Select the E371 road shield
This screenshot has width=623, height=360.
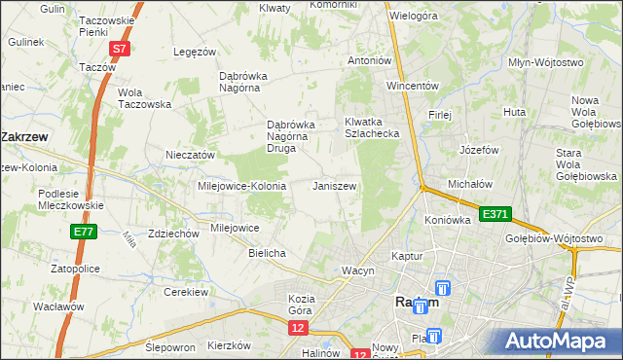tap(493, 213)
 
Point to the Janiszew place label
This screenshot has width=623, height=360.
tap(334, 185)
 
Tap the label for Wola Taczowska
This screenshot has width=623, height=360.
tap(144, 98)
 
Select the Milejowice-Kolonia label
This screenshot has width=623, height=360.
tap(241, 185)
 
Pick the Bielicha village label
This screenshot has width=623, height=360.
tap(267, 253)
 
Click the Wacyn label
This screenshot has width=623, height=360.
tap(357, 270)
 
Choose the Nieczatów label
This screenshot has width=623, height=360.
tap(190, 155)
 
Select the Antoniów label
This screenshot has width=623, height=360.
tap(370, 60)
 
